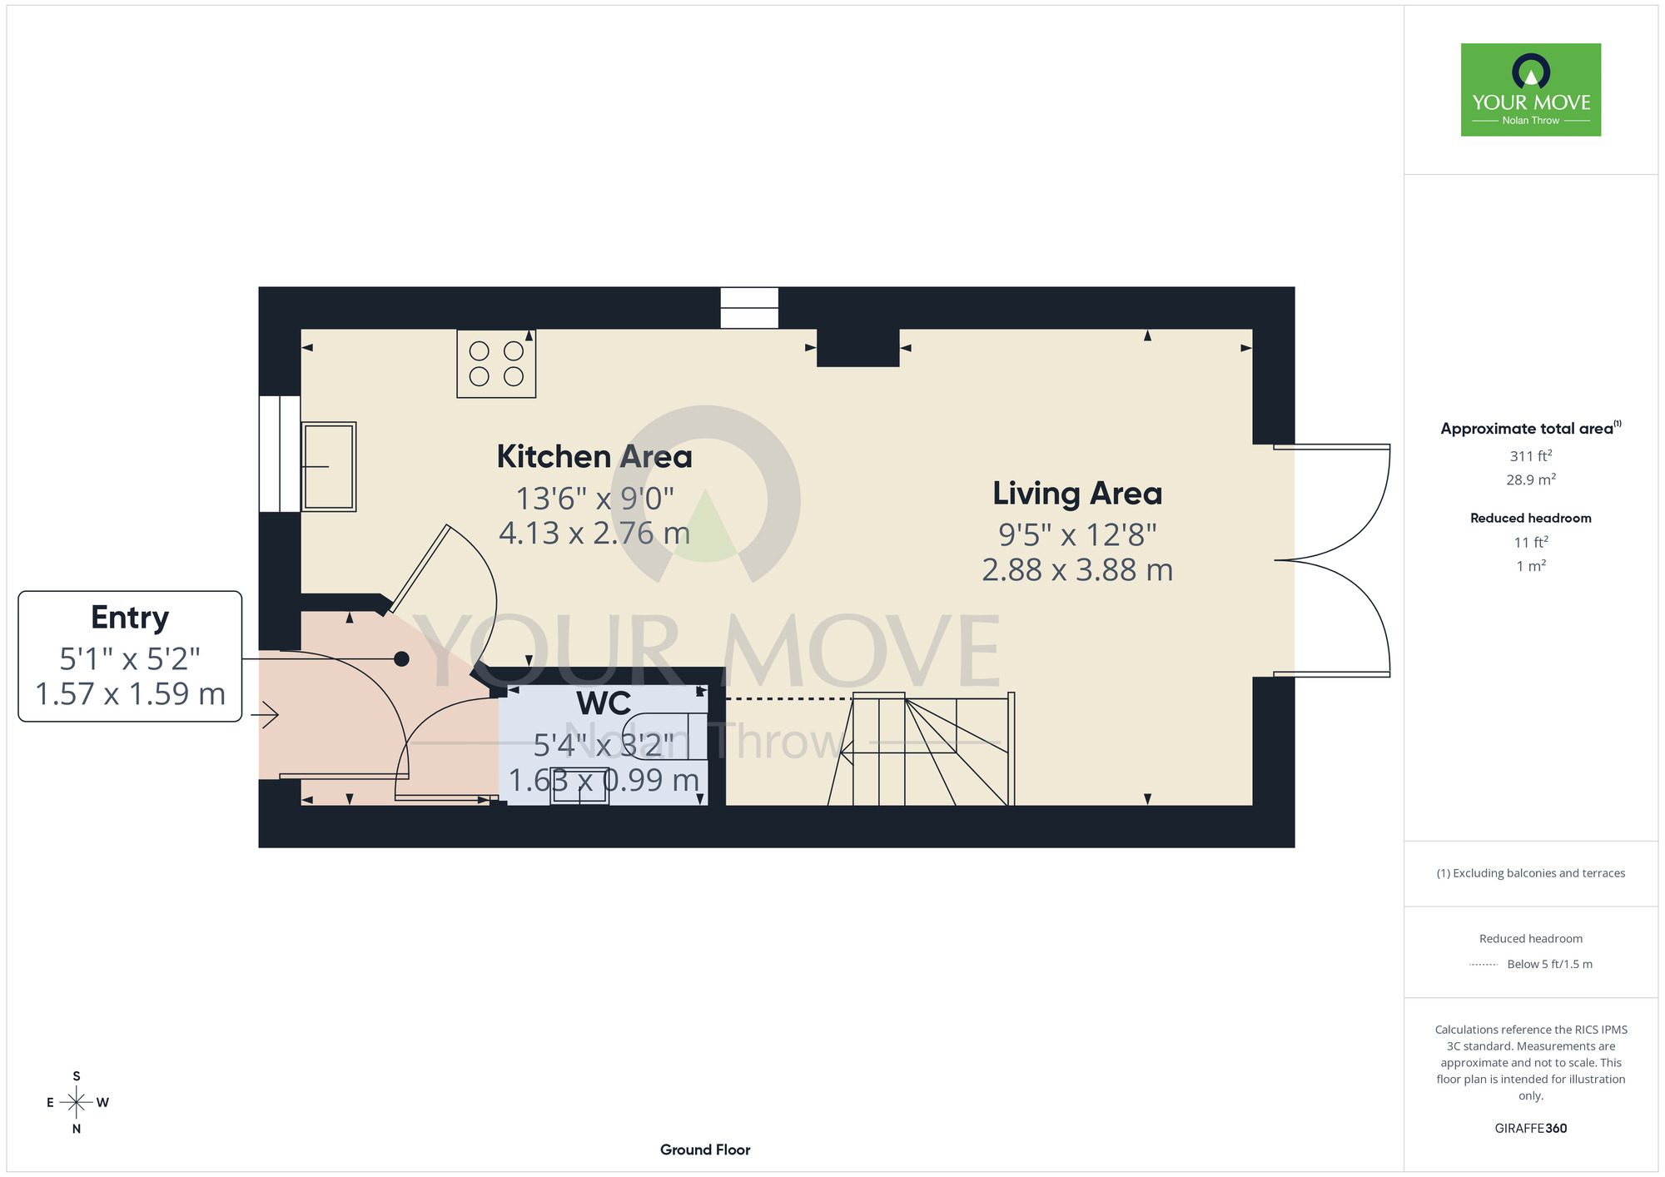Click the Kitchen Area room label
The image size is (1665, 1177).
[x=594, y=457]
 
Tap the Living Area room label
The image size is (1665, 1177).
[x=1077, y=494]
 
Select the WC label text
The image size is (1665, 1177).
[x=604, y=703]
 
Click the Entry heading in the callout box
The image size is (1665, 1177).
[x=130, y=618]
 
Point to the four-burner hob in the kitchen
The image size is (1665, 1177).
[x=496, y=364]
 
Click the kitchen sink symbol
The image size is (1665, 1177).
[x=329, y=466]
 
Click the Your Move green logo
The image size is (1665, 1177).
[x=1531, y=90]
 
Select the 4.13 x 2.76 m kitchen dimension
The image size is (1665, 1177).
[x=594, y=534]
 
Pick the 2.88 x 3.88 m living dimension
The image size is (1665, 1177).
[x=1077, y=570]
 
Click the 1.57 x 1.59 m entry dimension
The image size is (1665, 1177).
[x=130, y=694]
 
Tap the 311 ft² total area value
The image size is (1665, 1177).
[x=1531, y=455]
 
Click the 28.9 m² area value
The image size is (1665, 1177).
[x=1531, y=479]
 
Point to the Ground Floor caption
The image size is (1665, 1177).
[x=705, y=1150]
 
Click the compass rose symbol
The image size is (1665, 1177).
[x=77, y=1103]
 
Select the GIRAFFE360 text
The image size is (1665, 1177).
[x=1531, y=1129]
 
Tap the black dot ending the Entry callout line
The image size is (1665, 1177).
[x=401, y=659]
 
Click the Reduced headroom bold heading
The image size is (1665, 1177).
[x=1531, y=518]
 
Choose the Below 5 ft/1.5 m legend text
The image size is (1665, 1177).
[x=1549, y=964]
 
